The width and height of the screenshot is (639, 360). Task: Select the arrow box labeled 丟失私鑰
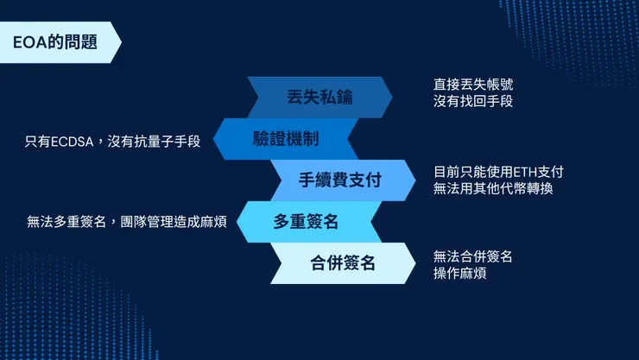tap(319, 97)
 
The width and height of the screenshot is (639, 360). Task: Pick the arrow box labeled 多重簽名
tap(306, 222)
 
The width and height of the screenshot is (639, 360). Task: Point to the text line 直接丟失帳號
tap(478, 85)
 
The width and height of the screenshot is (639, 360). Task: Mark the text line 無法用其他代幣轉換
tap(492, 187)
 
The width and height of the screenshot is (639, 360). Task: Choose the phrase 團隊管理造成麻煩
tap(173, 222)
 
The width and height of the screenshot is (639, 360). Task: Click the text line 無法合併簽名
tap(472, 256)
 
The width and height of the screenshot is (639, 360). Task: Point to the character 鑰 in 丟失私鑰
tap(344, 97)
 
